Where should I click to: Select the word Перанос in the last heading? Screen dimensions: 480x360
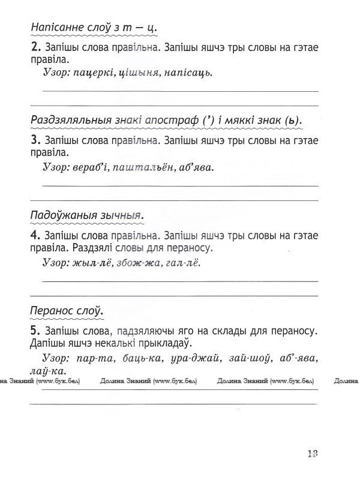pyautogui.click(x=53, y=310)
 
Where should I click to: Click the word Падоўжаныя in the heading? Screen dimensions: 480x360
pyautogui.click(x=61, y=215)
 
